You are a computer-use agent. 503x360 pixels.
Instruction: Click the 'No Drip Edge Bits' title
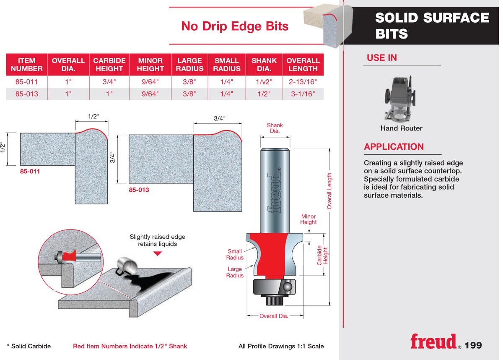235,26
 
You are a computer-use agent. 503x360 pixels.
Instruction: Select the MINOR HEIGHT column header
150,65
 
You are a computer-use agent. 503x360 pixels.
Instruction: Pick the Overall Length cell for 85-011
303,82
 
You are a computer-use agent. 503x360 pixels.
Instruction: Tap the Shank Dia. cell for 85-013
264,94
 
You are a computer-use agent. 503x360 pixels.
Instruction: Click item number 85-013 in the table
27,94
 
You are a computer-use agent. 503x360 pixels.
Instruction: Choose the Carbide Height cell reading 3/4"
109,82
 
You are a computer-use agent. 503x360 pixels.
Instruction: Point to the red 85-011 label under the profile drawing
30,172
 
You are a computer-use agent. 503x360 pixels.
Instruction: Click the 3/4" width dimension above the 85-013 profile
219,118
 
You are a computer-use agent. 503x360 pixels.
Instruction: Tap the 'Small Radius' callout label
235,254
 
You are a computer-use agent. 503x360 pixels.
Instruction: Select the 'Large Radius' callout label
235,272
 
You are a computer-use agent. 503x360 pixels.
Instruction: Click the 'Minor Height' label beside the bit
309,219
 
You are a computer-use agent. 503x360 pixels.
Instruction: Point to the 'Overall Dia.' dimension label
274,316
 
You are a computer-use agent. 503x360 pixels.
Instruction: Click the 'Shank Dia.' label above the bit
275,128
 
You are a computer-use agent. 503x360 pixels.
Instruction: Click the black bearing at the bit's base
274,287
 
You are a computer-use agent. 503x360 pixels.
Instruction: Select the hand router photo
400,99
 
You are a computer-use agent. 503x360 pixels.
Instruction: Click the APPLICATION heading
394,147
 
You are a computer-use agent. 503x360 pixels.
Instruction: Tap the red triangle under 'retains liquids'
158,253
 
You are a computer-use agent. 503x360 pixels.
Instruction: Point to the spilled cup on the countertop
127,266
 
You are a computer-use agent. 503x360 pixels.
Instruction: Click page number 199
473,345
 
